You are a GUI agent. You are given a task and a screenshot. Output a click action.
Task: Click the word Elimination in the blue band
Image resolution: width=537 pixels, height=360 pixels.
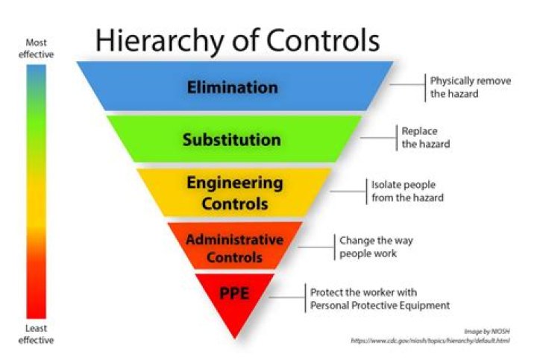(232, 87)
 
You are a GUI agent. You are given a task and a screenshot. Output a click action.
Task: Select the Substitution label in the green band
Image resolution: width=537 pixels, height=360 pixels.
(232, 139)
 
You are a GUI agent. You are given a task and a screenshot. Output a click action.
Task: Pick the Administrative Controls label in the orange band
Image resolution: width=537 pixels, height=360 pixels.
(234, 249)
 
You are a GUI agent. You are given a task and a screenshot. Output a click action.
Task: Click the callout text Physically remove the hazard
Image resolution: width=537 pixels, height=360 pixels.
(470, 87)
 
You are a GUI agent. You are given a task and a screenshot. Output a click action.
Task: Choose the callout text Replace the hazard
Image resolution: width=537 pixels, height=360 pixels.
(425, 138)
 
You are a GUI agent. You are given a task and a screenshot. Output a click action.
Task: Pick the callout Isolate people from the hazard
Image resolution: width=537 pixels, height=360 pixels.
(407, 191)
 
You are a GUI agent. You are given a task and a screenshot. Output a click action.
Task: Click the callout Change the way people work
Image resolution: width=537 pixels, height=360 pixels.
(375, 247)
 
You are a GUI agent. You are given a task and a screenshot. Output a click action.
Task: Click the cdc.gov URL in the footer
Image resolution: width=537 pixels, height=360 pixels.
(430, 341)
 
